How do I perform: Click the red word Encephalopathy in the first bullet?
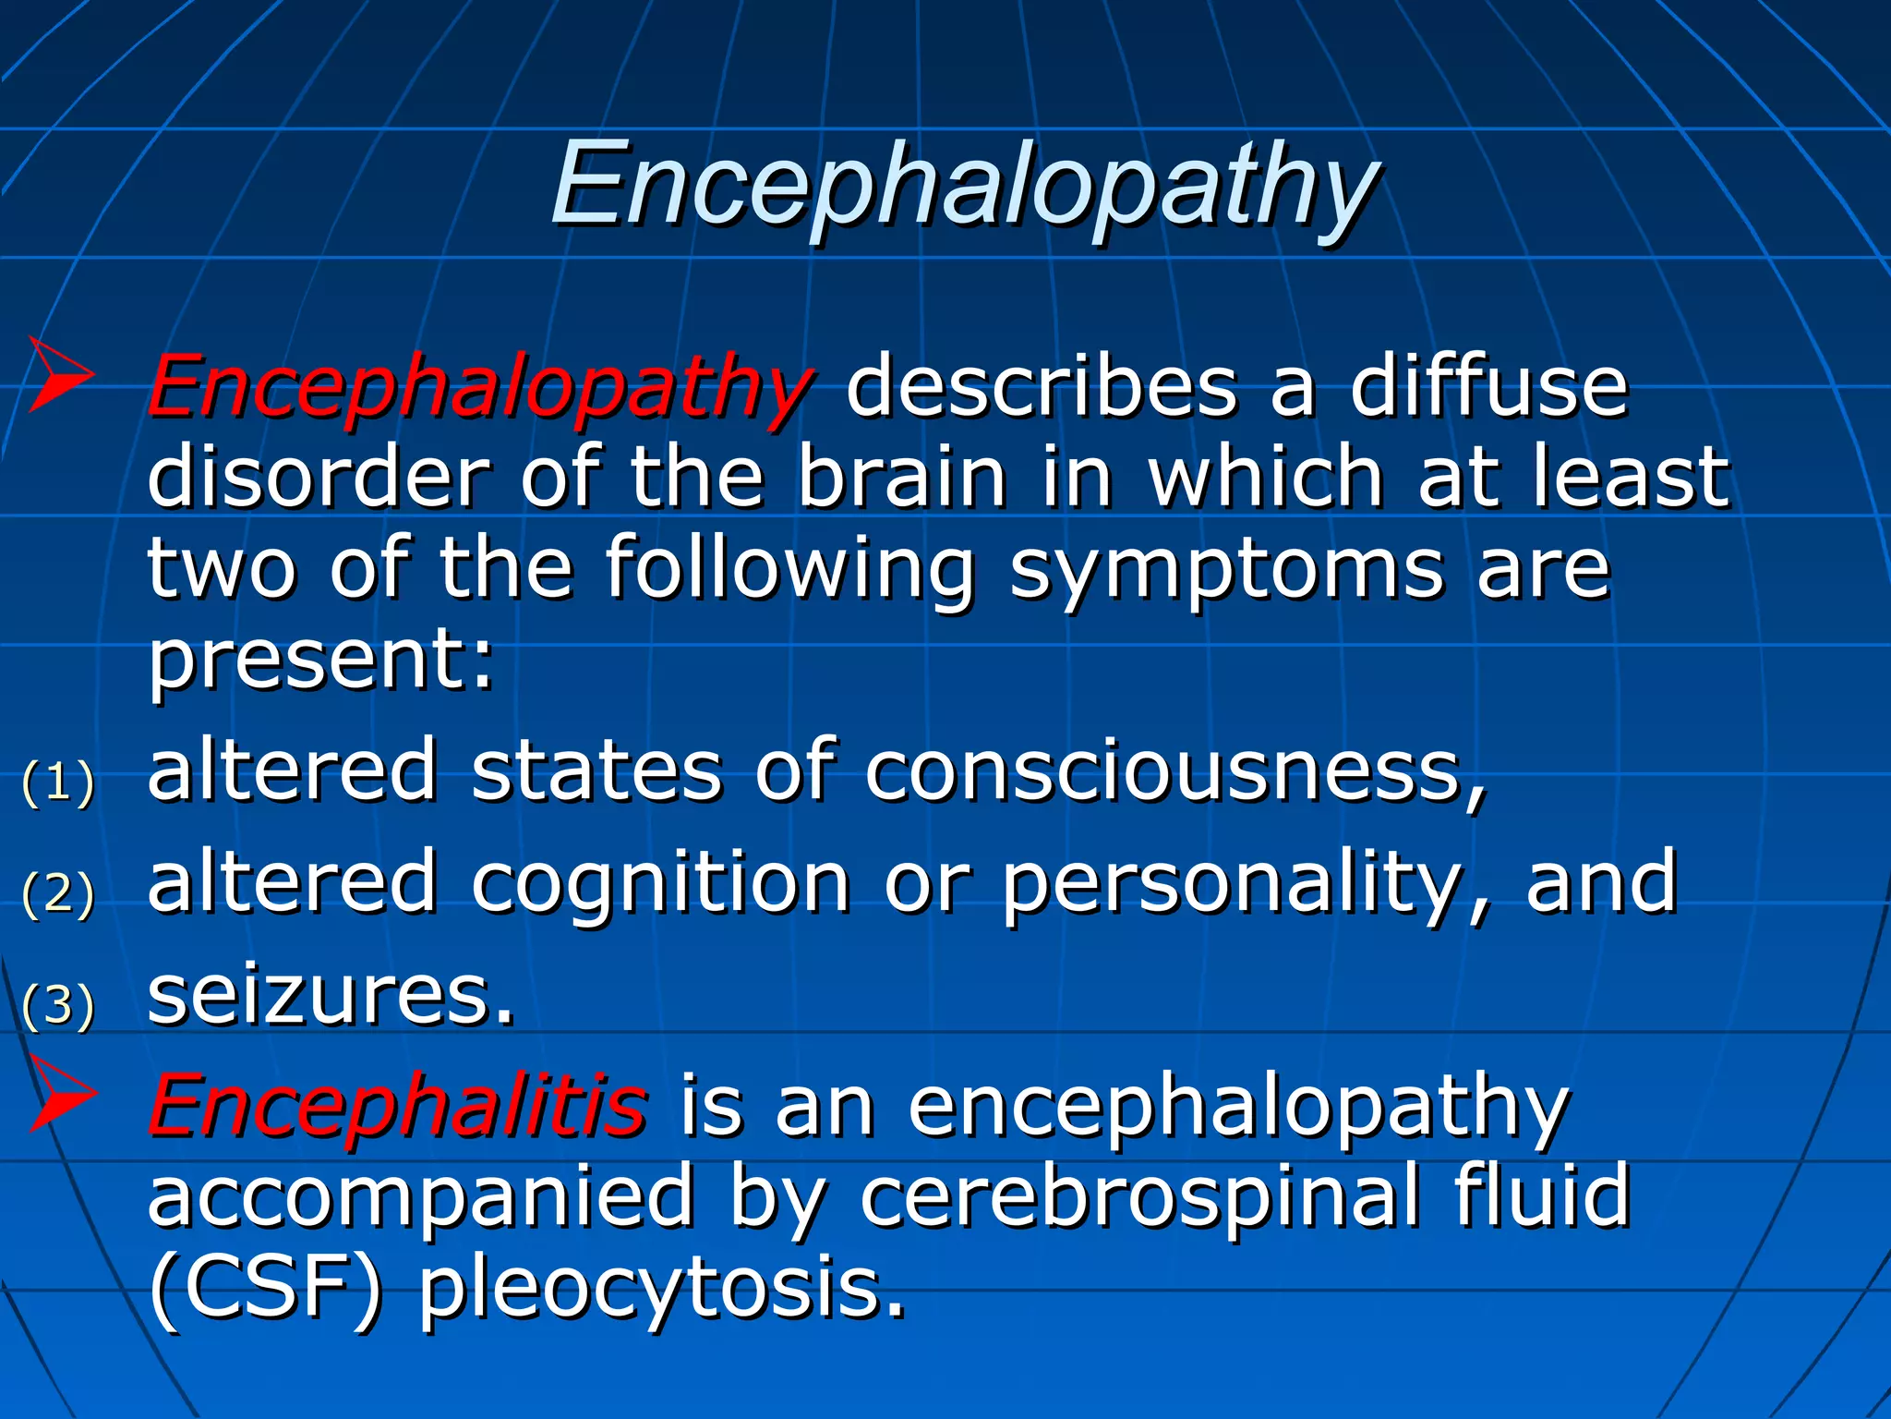coord(480,386)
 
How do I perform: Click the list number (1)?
coord(58,782)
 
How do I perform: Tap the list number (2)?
coord(58,893)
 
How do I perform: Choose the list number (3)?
coord(58,1005)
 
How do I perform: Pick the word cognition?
coord(660,884)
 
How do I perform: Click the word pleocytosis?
coord(661,1289)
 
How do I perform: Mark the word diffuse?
coord(1488,386)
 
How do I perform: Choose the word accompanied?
coord(421,1196)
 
